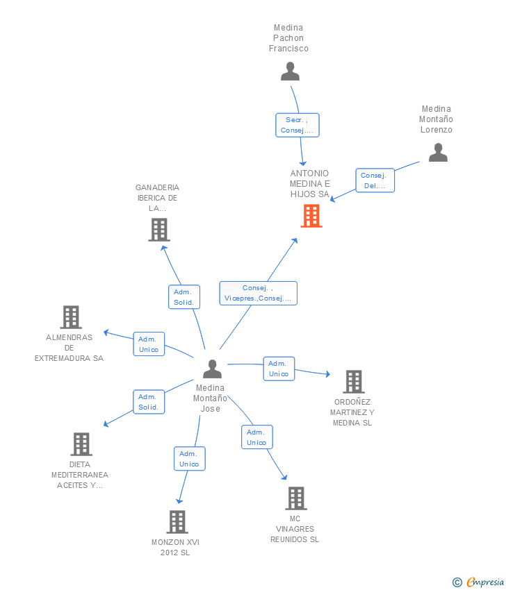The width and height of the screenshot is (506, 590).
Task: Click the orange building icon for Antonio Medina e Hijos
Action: coord(311,216)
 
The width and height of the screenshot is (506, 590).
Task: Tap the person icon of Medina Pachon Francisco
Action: coord(290,71)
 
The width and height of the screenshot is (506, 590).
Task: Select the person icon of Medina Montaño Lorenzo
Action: coord(438,153)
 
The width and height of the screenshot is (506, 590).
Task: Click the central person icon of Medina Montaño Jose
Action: coord(212,369)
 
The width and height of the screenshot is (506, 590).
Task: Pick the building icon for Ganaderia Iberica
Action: coord(159,230)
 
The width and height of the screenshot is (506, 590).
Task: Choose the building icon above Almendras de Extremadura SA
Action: coord(71,317)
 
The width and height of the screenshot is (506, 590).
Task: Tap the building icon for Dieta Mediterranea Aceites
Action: coord(81,444)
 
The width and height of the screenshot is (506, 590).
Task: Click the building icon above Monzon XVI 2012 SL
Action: coord(177,522)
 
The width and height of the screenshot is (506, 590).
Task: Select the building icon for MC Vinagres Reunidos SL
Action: coord(296,498)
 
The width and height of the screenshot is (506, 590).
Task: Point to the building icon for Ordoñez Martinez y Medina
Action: coord(354,382)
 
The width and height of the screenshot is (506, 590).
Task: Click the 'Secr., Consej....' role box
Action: coord(297,126)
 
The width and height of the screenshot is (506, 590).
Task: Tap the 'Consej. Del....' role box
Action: coord(375,180)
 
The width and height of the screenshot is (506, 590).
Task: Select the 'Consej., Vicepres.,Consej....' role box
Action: coord(258,293)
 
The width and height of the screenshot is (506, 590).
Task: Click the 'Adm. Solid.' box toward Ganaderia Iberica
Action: coord(184,297)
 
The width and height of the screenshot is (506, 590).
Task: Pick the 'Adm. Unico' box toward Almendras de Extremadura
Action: coord(149,344)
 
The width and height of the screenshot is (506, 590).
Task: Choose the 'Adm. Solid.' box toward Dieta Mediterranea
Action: coord(149,402)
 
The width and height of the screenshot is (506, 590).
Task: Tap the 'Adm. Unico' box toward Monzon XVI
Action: coord(190,459)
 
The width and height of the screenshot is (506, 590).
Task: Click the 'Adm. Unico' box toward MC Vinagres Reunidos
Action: coord(257,437)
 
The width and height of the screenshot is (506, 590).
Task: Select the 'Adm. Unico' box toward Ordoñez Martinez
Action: coord(279,369)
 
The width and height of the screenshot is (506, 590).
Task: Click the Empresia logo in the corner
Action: coord(478,582)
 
